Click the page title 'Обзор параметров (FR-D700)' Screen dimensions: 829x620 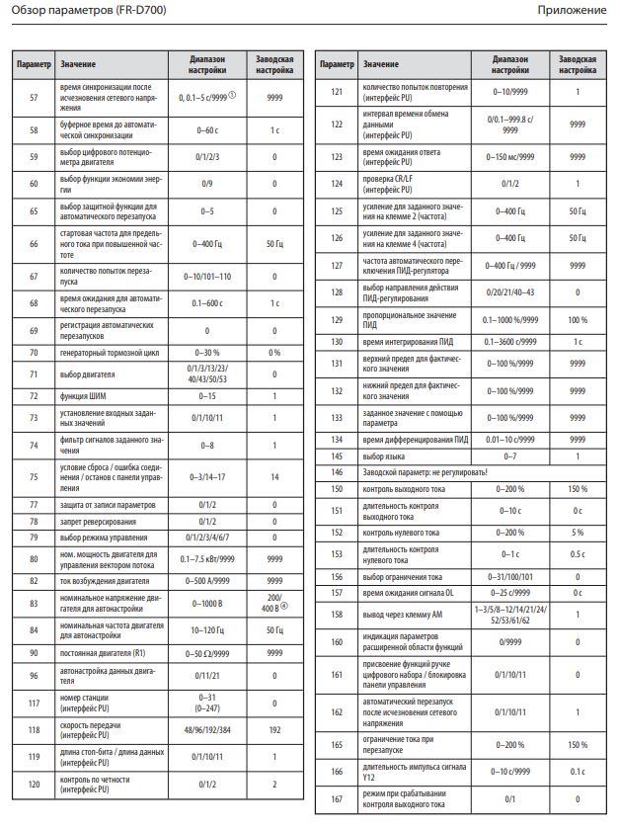coord(72,10)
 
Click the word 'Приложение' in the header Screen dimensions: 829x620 coord(572,10)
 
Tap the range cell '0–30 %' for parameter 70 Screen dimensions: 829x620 coord(207,353)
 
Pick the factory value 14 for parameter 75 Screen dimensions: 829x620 coord(274,476)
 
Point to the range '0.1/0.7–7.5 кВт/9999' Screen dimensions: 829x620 coord(207,558)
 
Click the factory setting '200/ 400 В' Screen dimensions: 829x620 coord(274,603)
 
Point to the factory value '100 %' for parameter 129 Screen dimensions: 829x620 coord(578,320)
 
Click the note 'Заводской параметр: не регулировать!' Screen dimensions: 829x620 coord(425,473)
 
